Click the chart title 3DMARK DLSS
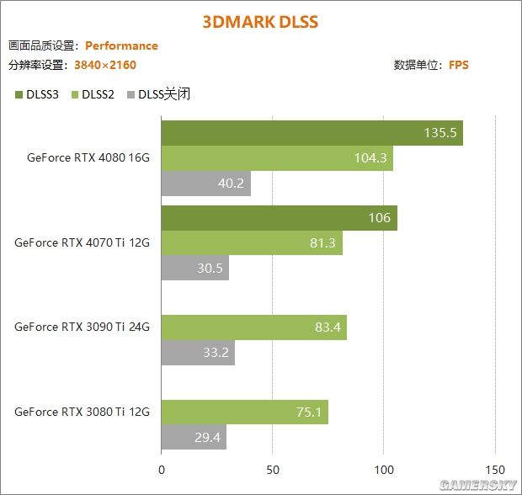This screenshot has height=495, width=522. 260,21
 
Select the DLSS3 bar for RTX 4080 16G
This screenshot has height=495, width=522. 312,133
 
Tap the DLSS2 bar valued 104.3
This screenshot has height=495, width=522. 277,158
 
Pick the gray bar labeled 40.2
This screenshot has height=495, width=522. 206,184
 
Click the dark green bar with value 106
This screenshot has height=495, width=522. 279,218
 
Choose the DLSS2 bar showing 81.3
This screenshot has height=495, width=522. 252,243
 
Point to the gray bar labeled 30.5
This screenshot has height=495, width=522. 195,269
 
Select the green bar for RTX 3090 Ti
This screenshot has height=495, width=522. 253,327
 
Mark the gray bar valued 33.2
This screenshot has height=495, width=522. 198,353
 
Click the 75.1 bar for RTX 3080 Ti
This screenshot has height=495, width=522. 244,412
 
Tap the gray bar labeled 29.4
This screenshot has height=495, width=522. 194,438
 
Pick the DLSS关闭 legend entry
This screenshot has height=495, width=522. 157,94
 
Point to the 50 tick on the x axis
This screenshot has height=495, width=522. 273,470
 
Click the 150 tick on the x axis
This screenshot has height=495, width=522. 495,470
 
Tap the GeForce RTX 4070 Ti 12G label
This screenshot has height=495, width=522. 82,242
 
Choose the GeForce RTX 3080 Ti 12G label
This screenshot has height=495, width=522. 82,412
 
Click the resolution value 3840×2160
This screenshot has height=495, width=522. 105,65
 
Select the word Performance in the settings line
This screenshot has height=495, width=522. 121,46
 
